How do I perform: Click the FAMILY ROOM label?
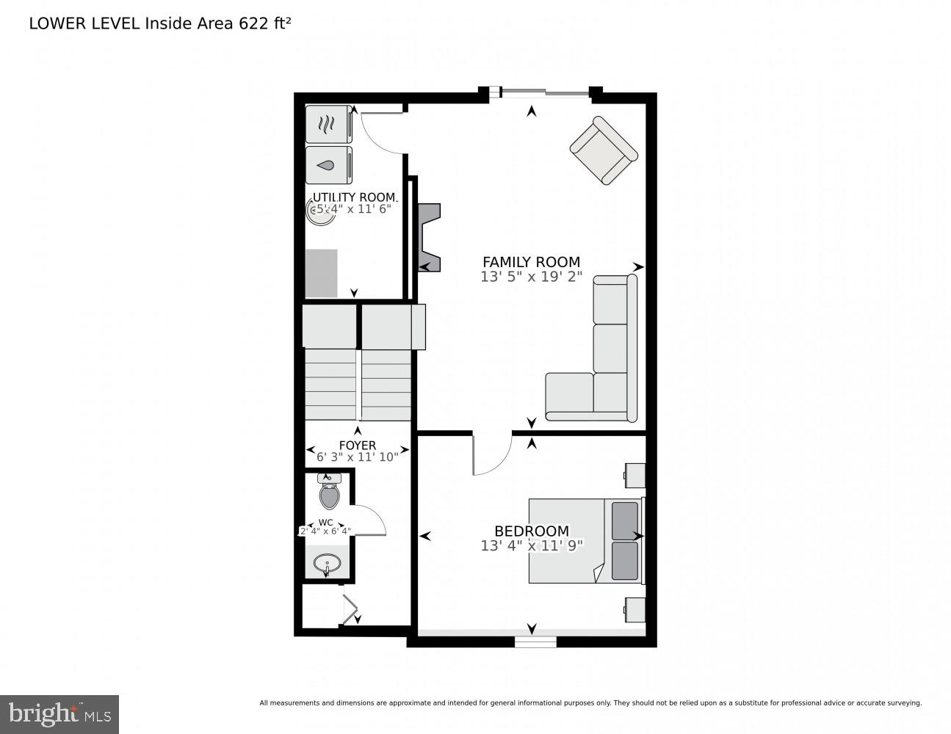pos(531,262)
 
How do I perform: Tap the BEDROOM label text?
pos(531,531)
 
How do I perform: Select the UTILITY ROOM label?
pos(355,197)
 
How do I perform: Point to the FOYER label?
pos(358,446)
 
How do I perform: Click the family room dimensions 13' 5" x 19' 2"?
pos(531,277)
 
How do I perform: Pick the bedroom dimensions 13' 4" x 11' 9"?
pos(531,545)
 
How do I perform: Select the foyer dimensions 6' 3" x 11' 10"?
pos(358,457)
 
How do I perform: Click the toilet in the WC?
pos(330,493)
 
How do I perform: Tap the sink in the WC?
pos(327,564)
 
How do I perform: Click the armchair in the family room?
pos(604,150)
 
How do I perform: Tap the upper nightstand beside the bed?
pos(635,475)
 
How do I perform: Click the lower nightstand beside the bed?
pos(635,608)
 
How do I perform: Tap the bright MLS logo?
pos(59,713)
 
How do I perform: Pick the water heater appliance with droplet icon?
pos(328,165)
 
